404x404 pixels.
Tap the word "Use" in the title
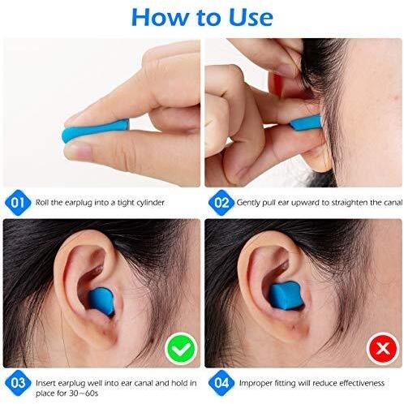[251, 17]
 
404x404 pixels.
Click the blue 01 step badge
[18, 203]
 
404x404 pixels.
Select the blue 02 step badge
[221, 203]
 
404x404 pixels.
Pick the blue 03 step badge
[18, 383]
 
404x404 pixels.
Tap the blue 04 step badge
[221, 383]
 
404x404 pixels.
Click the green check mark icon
[181, 348]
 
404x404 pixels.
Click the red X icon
[383, 348]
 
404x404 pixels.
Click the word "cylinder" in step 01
[150, 203]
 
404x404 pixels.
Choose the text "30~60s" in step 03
[84, 393]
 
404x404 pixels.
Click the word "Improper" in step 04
[256, 384]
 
